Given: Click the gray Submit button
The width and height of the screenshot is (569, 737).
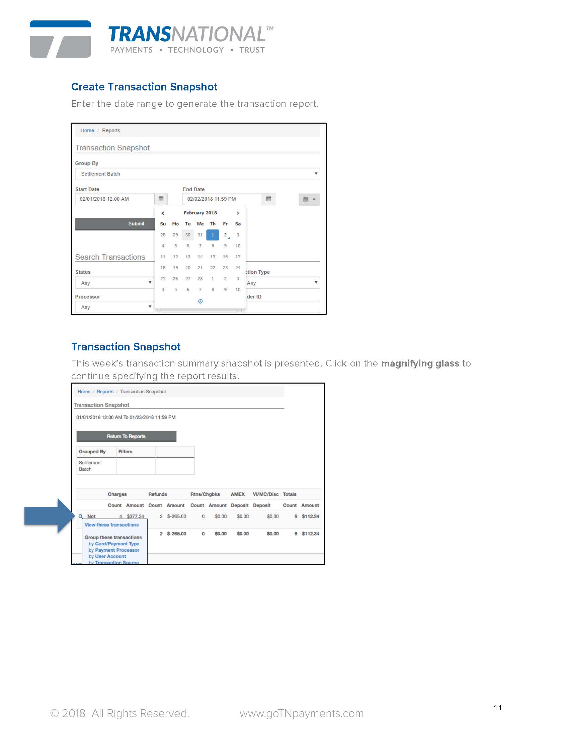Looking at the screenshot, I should point(114,224).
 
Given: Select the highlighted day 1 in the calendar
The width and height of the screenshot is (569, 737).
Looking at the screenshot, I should point(213,235).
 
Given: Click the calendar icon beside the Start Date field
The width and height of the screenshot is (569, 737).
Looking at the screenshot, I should point(161,199).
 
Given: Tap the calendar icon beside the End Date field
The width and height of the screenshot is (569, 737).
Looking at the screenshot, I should point(268,199).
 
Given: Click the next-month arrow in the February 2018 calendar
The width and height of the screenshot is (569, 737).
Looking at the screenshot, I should point(238,213).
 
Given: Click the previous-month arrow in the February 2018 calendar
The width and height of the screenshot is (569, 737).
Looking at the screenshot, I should point(163,213).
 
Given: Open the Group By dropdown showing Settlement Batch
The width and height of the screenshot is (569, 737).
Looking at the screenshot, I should point(197,174).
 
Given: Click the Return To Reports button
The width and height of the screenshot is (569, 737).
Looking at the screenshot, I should point(126,436).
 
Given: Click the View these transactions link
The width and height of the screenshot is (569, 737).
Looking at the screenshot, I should point(111,525).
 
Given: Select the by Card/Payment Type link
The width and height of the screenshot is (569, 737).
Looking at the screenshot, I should point(114,544).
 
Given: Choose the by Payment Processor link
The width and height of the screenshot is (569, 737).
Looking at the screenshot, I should point(114,550).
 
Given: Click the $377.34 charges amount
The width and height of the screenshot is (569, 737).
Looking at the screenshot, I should point(135,516).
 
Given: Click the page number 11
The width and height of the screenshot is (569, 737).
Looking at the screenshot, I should point(497,708).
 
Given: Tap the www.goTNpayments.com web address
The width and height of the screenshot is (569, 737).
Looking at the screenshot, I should point(301,713).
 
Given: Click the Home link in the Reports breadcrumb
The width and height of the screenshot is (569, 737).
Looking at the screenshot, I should point(87,131).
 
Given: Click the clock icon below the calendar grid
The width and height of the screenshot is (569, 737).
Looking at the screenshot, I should point(200,301).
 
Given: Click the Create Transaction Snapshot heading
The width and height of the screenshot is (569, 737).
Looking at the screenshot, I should point(144,87).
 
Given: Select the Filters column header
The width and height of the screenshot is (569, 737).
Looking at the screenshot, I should point(126,452).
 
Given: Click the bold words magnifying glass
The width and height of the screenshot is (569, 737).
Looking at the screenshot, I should point(420,363).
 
